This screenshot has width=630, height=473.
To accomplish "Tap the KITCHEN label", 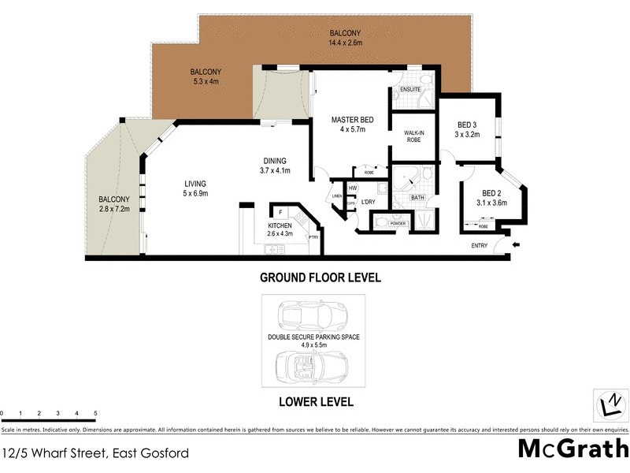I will pos(280,225).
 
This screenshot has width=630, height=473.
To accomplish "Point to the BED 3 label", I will pos(467,125).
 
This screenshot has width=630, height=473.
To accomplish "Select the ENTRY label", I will pos(480,246).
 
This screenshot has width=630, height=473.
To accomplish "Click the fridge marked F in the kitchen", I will pos(280,211).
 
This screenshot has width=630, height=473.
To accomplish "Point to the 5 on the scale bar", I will pos(95,413).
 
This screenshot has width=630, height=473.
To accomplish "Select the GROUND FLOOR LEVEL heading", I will pos(321,277).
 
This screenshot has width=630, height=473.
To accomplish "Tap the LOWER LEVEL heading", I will pos(316,401).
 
